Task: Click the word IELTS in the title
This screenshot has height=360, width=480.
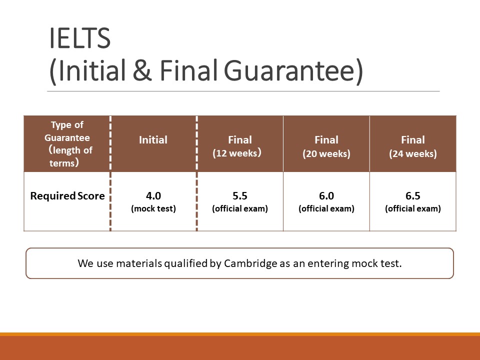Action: tap(79, 38)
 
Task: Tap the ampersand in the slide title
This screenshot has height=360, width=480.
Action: tap(142, 70)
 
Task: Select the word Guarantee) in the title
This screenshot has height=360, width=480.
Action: tap(293, 71)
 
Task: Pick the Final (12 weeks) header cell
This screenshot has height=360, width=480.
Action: tap(239, 144)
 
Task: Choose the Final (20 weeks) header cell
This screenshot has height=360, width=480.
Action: tap(326, 144)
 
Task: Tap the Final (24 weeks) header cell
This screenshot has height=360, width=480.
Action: tap(413, 144)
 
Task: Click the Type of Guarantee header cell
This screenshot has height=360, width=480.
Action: tap(67, 144)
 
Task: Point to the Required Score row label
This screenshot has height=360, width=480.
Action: tap(67, 195)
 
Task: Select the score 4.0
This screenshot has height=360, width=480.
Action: tap(153, 195)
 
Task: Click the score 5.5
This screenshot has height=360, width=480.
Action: tap(239, 195)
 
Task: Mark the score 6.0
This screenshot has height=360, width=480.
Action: tap(326, 195)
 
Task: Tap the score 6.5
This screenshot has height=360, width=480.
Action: tap(413, 195)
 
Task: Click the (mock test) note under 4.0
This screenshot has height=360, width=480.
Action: tap(153, 209)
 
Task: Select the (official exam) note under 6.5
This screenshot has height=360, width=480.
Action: tap(413, 209)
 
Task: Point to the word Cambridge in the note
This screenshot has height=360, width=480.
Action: tap(250, 263)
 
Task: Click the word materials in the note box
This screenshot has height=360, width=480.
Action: tap(139, 263)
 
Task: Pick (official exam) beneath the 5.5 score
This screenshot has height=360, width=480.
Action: tap(239, 209)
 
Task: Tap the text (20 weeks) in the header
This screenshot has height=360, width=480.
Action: tap(326, 153)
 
